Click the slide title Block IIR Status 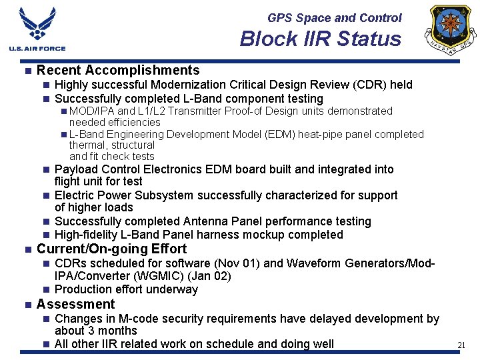point(321,39)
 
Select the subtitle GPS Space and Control point(335,18)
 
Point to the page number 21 point(461,345)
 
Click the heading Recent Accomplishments point(118,70)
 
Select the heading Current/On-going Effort point(111,249)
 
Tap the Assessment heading point(75,304)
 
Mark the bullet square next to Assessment point(27,305)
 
